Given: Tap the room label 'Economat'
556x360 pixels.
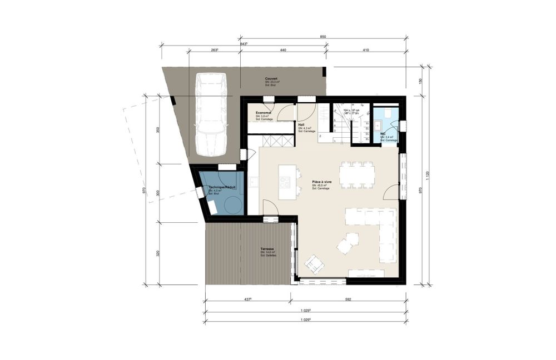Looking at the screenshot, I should tap(256, 113).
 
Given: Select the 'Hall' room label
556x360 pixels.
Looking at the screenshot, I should tap(301, 124).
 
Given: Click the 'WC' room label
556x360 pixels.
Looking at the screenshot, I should tap(383, 134).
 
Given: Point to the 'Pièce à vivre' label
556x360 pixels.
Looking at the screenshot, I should tap(322, 182).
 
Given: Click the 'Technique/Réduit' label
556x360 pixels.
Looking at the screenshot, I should tap(222, 188).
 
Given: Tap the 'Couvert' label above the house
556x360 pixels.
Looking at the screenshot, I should tap(271, 79).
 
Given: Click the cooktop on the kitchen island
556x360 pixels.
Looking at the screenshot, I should tap(285, 182).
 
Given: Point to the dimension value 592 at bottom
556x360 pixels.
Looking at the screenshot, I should tap(348, 300).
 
